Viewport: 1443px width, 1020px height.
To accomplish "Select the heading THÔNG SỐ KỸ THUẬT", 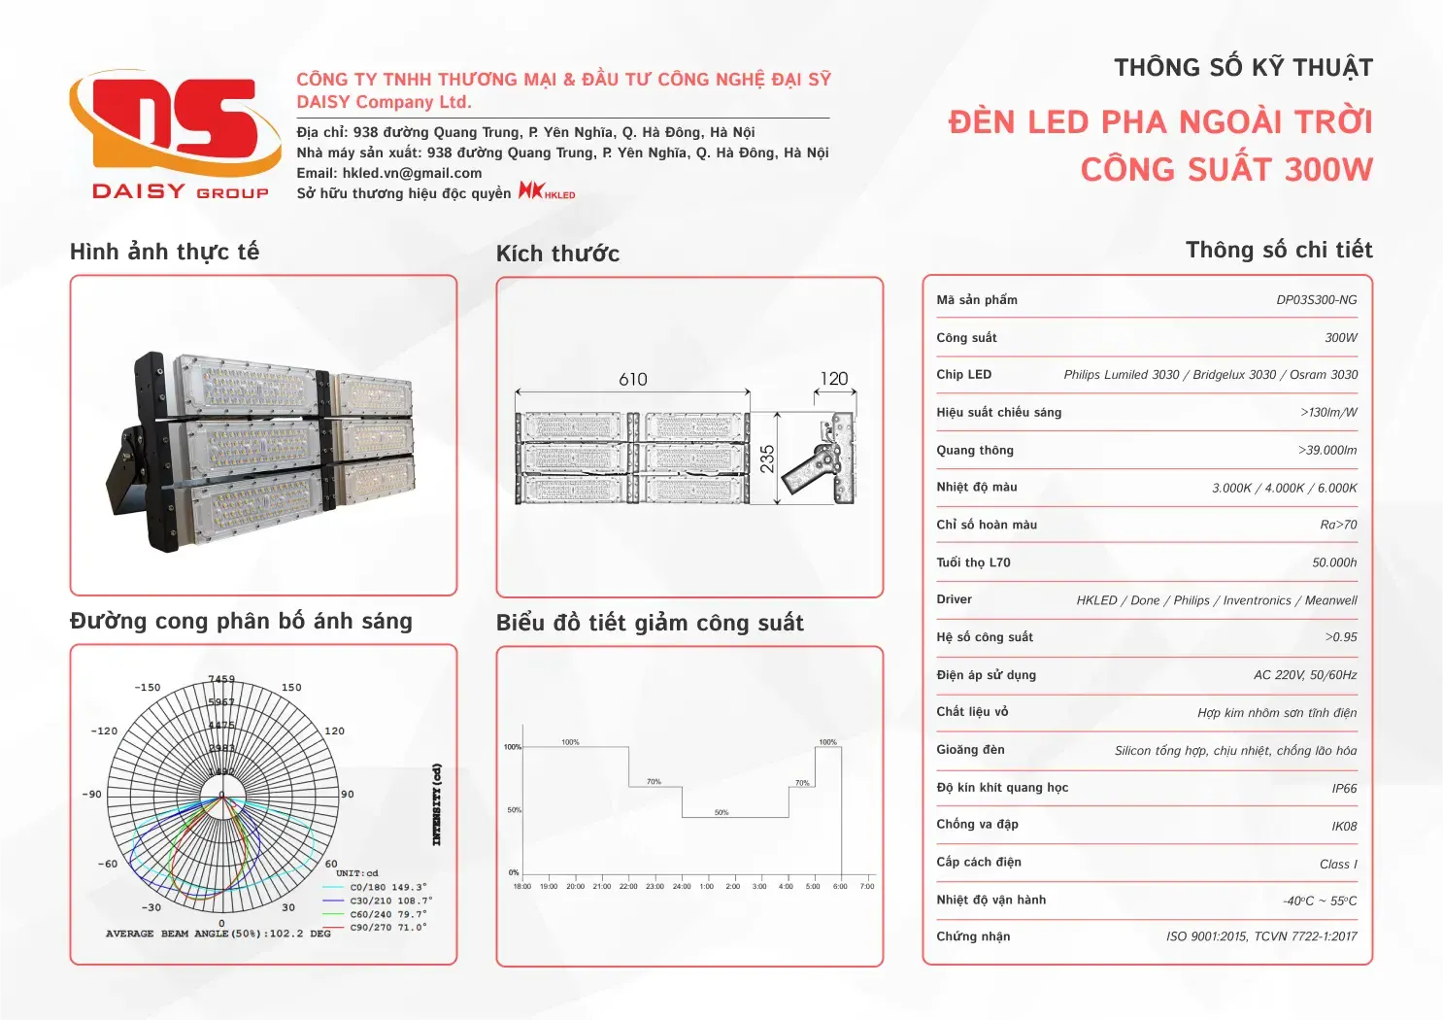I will tap(1243, 68).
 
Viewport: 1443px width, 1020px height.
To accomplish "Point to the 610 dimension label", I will tap(633, 379).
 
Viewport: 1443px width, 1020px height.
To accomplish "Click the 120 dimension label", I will tap(834, 379).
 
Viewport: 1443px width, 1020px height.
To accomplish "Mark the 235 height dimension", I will tap(767, 459).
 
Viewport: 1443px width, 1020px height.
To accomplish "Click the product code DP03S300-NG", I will tap(1316, 300).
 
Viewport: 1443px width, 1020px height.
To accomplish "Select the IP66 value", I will tap(1344, 789).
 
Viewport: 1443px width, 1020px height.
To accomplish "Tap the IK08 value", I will tap(1344, 827).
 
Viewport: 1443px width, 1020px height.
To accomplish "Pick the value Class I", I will tap(1338, 865).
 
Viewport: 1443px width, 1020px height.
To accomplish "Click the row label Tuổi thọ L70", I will tap(973, 562).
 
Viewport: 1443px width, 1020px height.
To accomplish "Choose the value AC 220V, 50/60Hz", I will tap(1305, 675).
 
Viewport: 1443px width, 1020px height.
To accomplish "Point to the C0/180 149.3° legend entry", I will tap(387, 887).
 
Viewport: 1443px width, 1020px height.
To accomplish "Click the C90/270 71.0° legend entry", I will tap(387, 928).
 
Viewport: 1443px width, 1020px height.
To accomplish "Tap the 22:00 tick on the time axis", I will tap(628, 886).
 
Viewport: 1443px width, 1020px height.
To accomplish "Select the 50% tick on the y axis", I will tap(514, 810).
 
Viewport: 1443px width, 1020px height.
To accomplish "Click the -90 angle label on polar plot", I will tap(92, 795).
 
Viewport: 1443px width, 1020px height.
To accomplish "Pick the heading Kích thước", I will tap(557, 254).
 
